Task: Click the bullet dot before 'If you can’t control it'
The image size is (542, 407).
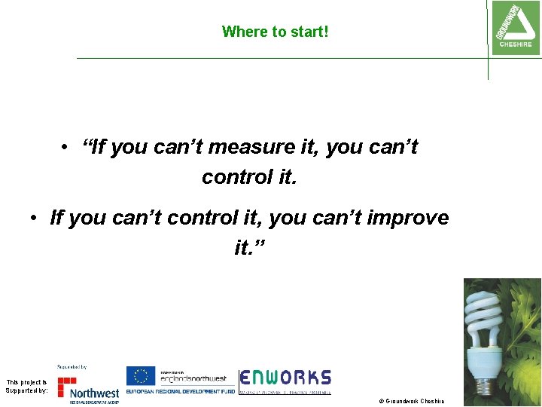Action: (x=35, y=218)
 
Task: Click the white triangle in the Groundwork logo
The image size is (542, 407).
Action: (x=514, y=28)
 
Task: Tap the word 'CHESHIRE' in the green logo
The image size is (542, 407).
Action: (x=516, y=44)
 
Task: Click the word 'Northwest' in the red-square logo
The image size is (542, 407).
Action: (x=94, y=393)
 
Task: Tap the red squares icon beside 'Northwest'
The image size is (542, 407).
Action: (x=67, y=386)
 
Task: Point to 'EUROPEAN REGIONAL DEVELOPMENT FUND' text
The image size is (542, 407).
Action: (x=180, y=392)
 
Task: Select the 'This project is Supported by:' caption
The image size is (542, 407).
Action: (x=26, y=387)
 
